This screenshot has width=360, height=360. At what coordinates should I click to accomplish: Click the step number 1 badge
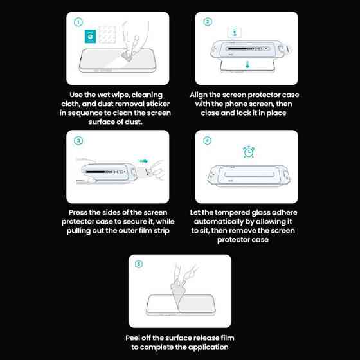[x=78, y=22]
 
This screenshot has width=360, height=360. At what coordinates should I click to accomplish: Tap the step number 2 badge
[x=208, y=22]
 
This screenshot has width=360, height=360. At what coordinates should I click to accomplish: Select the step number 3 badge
[x=78, y=141]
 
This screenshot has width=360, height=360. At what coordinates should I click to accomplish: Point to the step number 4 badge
[x=208, y=140]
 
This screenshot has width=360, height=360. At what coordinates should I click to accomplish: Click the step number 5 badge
[x=139, y=264]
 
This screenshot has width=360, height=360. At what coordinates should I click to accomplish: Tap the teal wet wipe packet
[x=90, y=36]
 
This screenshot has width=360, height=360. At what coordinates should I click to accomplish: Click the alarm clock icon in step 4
[x=249, y=152]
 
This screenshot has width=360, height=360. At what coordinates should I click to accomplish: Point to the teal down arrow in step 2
[x=248, y=65]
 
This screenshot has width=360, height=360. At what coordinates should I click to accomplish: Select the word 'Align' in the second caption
[x=199, y=95]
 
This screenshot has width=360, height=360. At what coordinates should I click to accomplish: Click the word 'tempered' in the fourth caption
[x=232, y=213]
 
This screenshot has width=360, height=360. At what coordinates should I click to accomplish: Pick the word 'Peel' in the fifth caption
[x=132, y=338]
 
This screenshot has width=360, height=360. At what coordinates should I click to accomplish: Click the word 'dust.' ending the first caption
[x=134, y=122]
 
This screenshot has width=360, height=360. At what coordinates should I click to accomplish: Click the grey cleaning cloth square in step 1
[x=107, y=34]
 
